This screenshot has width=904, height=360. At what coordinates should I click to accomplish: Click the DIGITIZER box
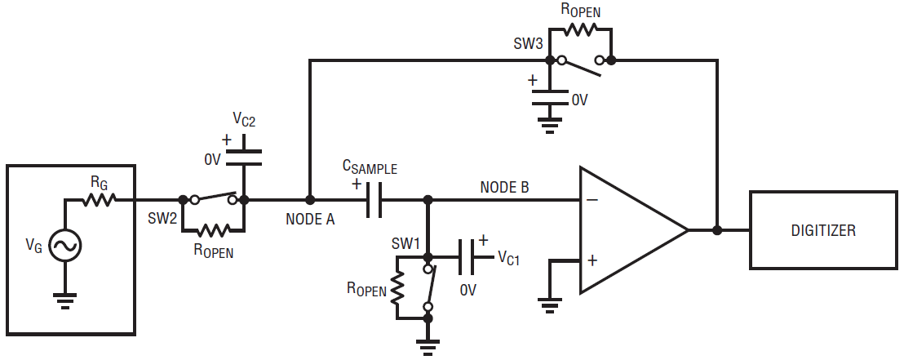coord(823,230)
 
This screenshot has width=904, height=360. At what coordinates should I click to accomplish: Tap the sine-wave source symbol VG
coord(64,246)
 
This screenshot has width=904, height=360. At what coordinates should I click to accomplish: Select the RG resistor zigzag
coord(99,200)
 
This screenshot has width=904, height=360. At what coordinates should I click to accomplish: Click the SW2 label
coord(162,219)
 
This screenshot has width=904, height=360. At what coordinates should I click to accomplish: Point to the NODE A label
coord(310,220)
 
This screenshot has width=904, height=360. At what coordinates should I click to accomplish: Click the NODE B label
coord(504,187)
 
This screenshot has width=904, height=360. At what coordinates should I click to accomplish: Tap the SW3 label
coord(527,44)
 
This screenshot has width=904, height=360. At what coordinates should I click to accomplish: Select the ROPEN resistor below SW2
coord(213,231)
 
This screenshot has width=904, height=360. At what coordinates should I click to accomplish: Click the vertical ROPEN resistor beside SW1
coord(397,288)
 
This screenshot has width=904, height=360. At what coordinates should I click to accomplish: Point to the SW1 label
coord(406,242)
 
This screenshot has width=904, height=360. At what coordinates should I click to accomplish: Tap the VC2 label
coord(244,120)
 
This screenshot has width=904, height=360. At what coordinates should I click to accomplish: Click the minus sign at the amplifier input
coord(592,200)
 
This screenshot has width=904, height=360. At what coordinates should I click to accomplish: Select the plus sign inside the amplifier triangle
coord(592,260)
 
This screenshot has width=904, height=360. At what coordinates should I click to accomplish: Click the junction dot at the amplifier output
coord(717,230)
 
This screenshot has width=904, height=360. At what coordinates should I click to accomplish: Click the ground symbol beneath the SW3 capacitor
coord(549,125)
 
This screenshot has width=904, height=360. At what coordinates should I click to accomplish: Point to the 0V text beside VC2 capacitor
coord(213,160)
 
